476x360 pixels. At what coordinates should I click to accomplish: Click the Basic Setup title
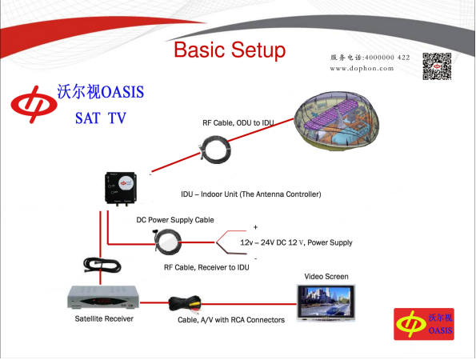tap(230, 50)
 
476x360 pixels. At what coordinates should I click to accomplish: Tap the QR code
tap(437, 66)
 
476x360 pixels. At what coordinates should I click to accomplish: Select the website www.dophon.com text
tap(362, 68)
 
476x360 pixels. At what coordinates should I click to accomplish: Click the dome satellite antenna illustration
tap(337, 121)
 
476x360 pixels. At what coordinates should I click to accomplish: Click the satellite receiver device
tap(103, 297)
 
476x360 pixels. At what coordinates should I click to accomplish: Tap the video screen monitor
tap(326, 303)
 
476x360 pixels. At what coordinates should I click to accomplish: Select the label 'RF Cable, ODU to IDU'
tap(238, 123)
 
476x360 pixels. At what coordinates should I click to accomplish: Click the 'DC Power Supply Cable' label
tap(175, 220)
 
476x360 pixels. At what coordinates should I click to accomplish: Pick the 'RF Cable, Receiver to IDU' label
tap(206, 267)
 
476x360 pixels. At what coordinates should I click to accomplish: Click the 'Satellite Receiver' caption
tap(104, 318)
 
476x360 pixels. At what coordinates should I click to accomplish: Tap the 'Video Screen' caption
tap(326, 277)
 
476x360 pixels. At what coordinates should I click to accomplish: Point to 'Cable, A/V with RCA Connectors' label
tap(231, 320)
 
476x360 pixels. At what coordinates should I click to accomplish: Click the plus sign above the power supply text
tap(255, 227)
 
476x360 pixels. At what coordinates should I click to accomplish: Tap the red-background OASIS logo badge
tap(424, 324)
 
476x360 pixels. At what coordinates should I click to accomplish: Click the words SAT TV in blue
tap(101, 118)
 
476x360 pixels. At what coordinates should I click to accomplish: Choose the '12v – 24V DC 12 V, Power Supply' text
tap(296, 242)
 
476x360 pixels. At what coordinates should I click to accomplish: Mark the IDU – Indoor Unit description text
tap(251, 194)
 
